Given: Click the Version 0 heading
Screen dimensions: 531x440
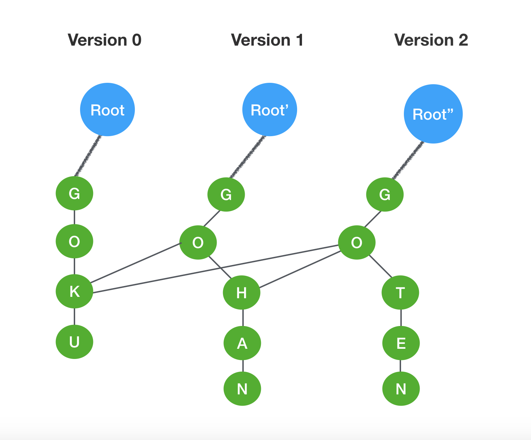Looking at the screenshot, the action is click(x=105, y=40).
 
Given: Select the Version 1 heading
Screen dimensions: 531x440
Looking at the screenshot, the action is click(x=267, y=40).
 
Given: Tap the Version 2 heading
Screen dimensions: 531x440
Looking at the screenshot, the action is click(x=431, y=40).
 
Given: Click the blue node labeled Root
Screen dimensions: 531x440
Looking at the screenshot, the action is click(x=107, y=109).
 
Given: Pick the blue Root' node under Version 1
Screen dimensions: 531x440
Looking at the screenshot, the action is click(x=270, y=109).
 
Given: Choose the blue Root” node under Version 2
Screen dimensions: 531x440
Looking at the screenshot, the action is click(x=433, y=114).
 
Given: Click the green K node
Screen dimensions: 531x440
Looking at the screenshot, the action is click(x=74, y=291).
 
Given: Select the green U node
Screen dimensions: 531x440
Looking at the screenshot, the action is click(x=74, y=342).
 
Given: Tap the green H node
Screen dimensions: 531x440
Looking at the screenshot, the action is click(x=242, y=293).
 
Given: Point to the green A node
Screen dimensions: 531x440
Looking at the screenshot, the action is click(x=242, y=343).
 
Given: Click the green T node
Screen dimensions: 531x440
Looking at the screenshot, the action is click(x=400, y=293).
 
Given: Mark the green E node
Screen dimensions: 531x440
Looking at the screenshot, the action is click(x=401, y=343).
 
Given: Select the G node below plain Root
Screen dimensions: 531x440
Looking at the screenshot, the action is click(x=74, y=193).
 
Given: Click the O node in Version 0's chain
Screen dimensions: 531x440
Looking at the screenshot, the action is click(x=74, y=241).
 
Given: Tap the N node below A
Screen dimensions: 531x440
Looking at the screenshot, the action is click(x=242, y=389).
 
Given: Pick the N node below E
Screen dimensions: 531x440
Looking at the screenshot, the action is click(x=401, y=389).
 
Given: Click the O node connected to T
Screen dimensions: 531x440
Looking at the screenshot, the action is click(x=357, y=242).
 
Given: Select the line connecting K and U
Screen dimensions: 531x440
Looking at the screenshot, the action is click(x=74, y=316).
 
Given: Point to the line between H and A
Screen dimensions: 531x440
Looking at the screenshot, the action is click(x=243, y=318).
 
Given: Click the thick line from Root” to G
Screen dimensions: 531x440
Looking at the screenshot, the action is click(x=408, y=160).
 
